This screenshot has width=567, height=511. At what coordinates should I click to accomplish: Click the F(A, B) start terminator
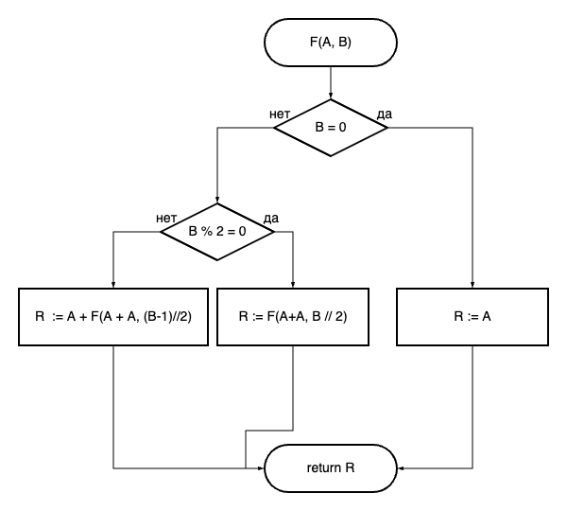point(331,42)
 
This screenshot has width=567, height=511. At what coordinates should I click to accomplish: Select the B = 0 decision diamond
point(331,127)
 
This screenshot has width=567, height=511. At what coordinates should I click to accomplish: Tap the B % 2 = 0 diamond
point(217,231)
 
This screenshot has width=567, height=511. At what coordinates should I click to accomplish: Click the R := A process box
point(472,316)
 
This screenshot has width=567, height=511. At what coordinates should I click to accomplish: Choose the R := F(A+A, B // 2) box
point(294,316)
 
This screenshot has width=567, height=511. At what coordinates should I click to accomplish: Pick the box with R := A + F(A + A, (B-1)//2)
point(113,316)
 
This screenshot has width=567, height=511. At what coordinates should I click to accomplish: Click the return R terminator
point(331,467)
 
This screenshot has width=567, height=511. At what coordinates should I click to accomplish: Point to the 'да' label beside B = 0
point(385,115)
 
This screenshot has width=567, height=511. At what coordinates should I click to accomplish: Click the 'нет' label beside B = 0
point(280,115)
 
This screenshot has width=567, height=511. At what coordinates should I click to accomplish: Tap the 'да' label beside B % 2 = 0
point(271,219)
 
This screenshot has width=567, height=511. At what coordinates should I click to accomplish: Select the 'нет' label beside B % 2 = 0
point(166,219)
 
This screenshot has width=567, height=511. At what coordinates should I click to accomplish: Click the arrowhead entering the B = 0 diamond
point(331,95)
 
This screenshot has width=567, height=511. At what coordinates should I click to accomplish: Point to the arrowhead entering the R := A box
point(472,284)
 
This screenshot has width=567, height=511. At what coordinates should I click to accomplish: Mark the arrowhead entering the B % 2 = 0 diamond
point(217,199)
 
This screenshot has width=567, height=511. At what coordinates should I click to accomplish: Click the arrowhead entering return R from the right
point(402,467)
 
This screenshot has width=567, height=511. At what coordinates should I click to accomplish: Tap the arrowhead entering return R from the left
point(260,467)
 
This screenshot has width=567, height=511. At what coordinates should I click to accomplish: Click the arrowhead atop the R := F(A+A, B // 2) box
point(294,284)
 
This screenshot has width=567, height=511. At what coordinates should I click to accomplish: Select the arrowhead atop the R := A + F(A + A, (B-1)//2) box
point(113,284)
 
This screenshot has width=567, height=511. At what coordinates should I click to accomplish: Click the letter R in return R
point(351,467)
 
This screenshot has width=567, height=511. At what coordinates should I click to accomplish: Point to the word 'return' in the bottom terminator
point(324,467)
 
